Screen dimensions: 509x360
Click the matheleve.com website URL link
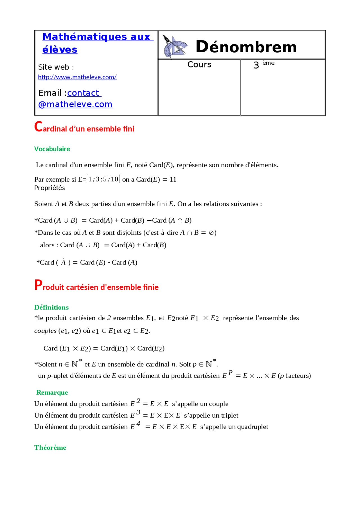click(77, 77)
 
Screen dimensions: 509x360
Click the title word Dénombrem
click(246, 47)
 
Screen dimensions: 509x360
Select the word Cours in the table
click(199, 65)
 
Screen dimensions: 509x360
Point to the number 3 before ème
click(256, 65)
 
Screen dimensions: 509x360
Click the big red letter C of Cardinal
click(38, 126)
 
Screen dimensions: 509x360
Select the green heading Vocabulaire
click(52, 149)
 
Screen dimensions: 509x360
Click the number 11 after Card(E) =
click(173, 180)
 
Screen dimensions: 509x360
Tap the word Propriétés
click(49, 188)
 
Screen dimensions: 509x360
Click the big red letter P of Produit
click(38, 285)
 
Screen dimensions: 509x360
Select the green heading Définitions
click(51, 307)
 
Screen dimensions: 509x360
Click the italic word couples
click(45, 331)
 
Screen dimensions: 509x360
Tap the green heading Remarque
click(52, 392)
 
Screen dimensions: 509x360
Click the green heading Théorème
click(50, 447)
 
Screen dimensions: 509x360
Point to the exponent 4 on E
click(138, 424)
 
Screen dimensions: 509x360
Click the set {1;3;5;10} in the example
click(103, 179)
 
